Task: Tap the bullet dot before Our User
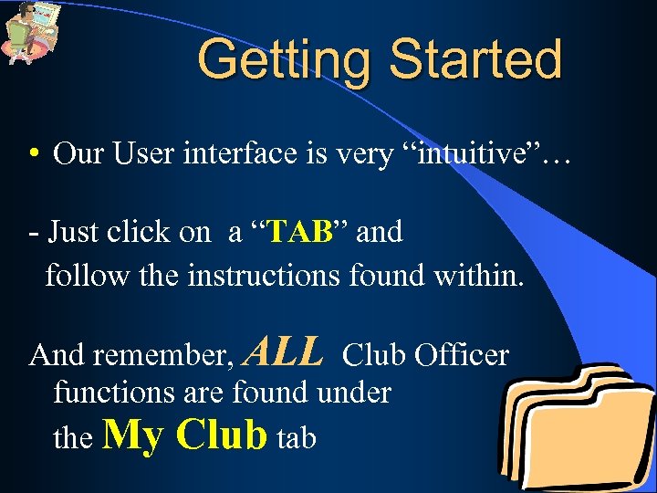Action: tap(32, 154)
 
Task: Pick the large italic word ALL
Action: tap(285, 350)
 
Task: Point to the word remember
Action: tap(165, 355)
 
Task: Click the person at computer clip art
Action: tap(30, 32)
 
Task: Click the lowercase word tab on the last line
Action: tap(296, 438)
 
